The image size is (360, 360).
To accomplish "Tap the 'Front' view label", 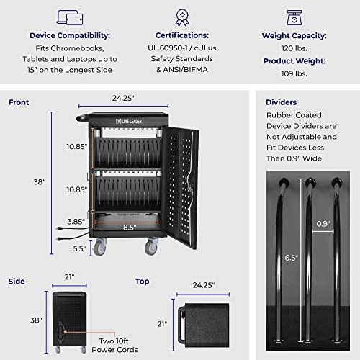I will (19, 102).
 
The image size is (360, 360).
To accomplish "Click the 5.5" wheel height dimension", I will (78, 248).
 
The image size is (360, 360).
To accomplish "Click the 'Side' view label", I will (17, 282).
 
